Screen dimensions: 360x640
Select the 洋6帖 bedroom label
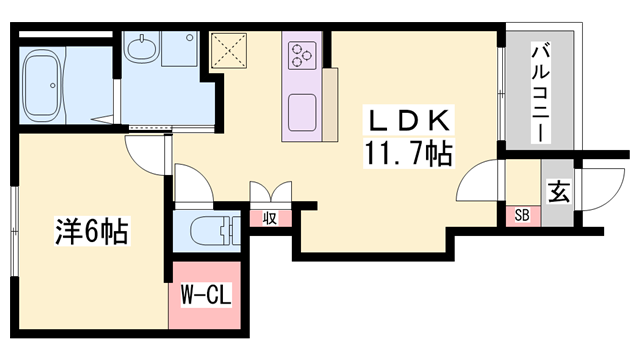pos(90,233)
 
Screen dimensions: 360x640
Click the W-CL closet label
pos(204,296)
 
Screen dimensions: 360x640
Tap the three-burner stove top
pos(301,56)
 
